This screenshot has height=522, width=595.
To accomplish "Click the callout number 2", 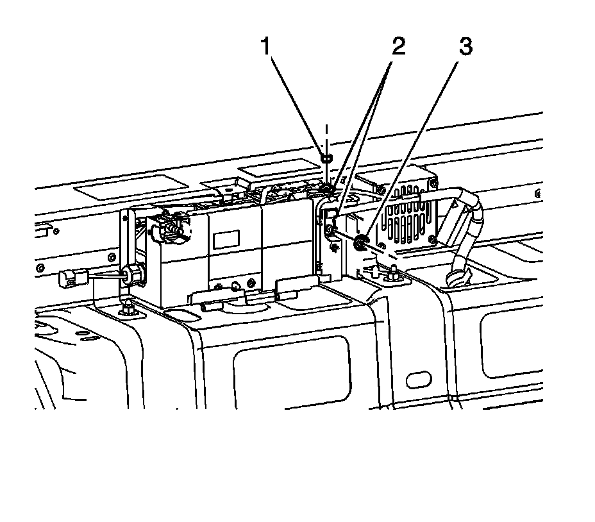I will (399, 47).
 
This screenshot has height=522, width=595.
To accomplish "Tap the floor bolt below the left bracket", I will (128, 310).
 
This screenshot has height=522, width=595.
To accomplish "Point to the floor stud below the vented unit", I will (390, 274).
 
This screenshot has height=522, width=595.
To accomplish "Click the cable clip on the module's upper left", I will (172, 228).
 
